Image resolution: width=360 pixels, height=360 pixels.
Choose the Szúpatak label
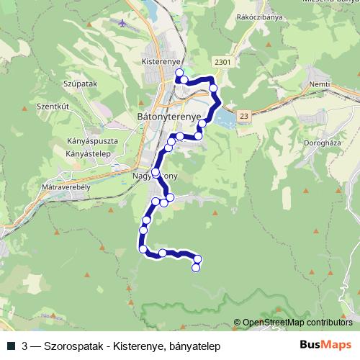(x=60, y=84)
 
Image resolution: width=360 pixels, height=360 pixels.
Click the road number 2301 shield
(x=223, y=63)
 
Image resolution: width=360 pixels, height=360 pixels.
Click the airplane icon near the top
(x=123, y=24)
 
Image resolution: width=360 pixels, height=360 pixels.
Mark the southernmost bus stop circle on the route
(x=195, y=268)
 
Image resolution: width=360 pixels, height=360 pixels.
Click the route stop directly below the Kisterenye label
(x=178, y=73)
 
